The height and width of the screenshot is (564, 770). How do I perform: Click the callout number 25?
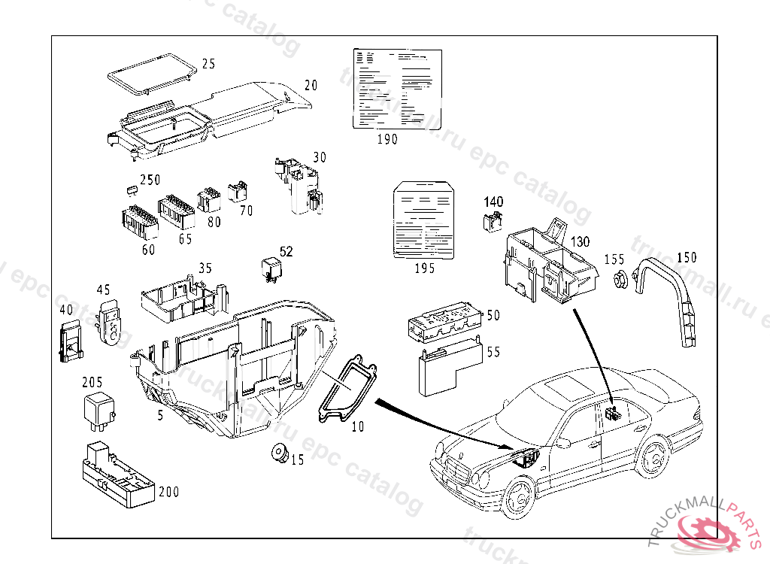click(208, 64)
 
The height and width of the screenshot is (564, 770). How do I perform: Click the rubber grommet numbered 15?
click(279, 453)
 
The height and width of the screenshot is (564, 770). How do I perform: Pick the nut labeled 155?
click(620, 280)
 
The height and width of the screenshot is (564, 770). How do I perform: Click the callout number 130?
click(581, 242)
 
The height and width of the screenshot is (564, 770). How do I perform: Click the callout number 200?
click(169, 492)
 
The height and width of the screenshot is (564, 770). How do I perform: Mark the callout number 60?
click(147, 250)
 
